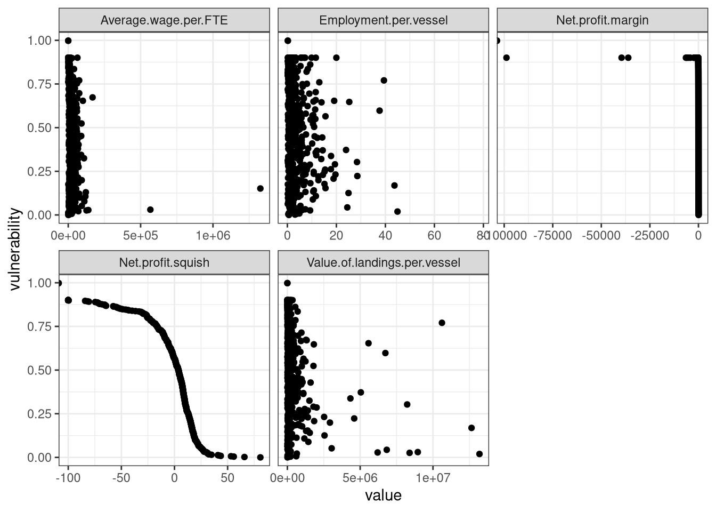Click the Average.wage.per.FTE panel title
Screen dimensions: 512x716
click(x=164, y=20)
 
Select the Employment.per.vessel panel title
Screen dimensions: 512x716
click(x=383, y=20)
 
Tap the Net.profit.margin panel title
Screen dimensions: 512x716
click(x=602, y=20)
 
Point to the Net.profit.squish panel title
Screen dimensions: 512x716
click(x=164, y=262)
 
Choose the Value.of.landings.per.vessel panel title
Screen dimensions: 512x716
click(x=383, y=262)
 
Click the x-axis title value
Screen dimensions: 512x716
click(x=383, y=495)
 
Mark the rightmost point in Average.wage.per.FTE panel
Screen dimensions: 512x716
click(x=260, y=188)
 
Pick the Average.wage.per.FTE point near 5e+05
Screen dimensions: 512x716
click(x=150, y=210)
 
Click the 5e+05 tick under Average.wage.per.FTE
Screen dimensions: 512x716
click(x=140, y=235)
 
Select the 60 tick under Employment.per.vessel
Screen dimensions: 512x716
click(x=434, y=235)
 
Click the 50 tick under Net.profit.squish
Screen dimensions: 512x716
click(x=227, y=477)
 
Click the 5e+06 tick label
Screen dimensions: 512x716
click(x=360, y=477)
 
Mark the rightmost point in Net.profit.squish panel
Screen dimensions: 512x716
click(x=260, y=457)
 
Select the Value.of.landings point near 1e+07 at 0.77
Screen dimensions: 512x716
click(x=442, y=323)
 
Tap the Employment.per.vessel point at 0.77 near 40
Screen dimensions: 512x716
click(x=384, y=81)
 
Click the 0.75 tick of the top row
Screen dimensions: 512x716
click(x=40, y=84)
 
